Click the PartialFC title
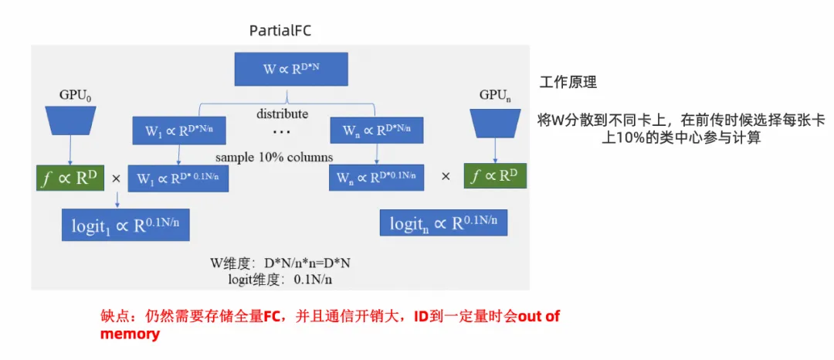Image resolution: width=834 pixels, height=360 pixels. pyautogui.click(x=280, y=30)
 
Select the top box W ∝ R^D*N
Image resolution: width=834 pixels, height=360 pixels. pyautogui.click(x=291, y=70)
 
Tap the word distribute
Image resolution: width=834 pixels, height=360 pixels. pyautogui.click(x=283, y=114)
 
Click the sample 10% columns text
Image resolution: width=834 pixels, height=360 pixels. pyautogui.click(x=274, y=157)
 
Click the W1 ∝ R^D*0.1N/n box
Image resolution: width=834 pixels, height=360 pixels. pyautogui.click(x=178, y=178)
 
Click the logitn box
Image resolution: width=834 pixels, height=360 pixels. pyautogui.click(x=443, y=223)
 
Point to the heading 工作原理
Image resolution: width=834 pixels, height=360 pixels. pyautogui.click(x=568, y=82)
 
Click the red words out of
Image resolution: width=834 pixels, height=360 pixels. pyautogui.click(x=538, y=317)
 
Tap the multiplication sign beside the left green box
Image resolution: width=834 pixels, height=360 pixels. pyautogui.click(x=117, y=178)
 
